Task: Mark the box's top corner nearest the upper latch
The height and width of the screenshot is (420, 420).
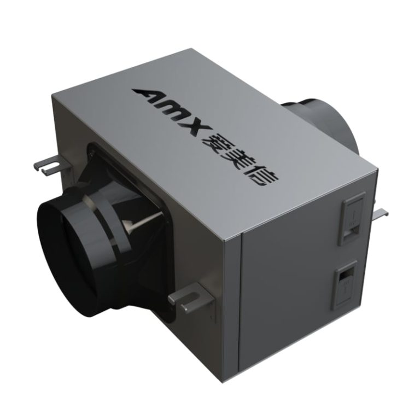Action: [x=376, y=171]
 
